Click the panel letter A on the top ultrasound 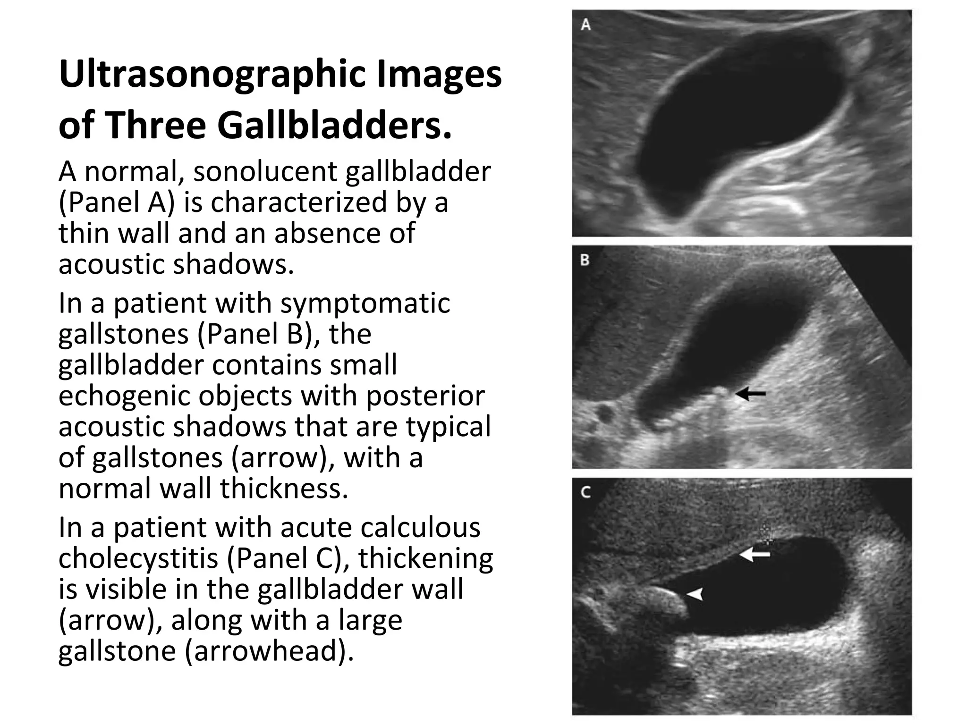(586, 25)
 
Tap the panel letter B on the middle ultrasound (585, 260)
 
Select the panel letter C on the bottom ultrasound (585, 492)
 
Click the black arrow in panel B (750, 393)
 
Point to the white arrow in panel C (754, 554)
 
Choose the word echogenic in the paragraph (124, 396)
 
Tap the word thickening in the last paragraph (425, 558)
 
